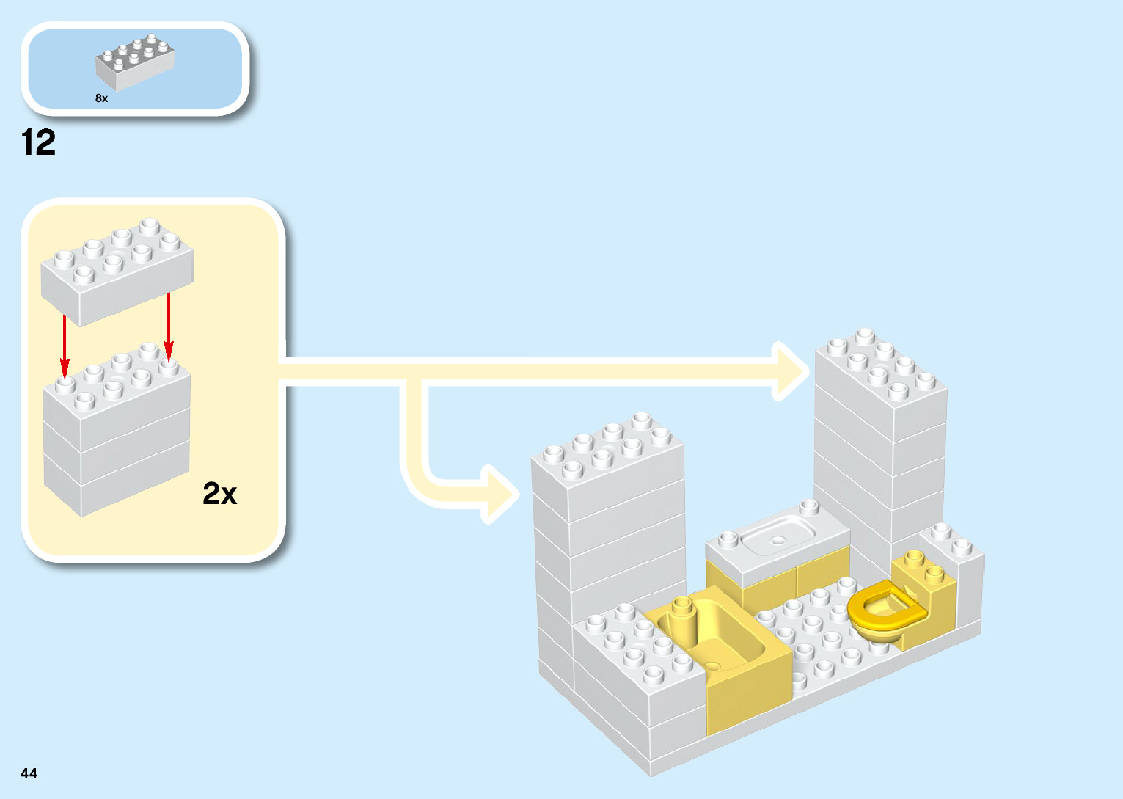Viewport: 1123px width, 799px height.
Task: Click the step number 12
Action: click(x=39, y=142)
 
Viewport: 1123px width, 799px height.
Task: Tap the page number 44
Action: click(x=29, y=773)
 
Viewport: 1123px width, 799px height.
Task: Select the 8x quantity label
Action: click(x=101, y=98)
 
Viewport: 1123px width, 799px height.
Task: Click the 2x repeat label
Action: click(x=219, y=494)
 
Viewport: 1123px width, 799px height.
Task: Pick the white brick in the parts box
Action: click(x=135, y=62)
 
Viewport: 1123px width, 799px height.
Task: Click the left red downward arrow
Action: click(x=65, y=345)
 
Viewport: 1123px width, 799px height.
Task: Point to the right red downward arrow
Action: click(x=169, y=326)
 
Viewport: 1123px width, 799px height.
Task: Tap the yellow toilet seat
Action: click(x=884, y=608)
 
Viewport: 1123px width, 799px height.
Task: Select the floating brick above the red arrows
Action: click(x=117, y=271)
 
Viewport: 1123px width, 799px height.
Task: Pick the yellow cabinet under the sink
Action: click(x=778, y=583)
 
